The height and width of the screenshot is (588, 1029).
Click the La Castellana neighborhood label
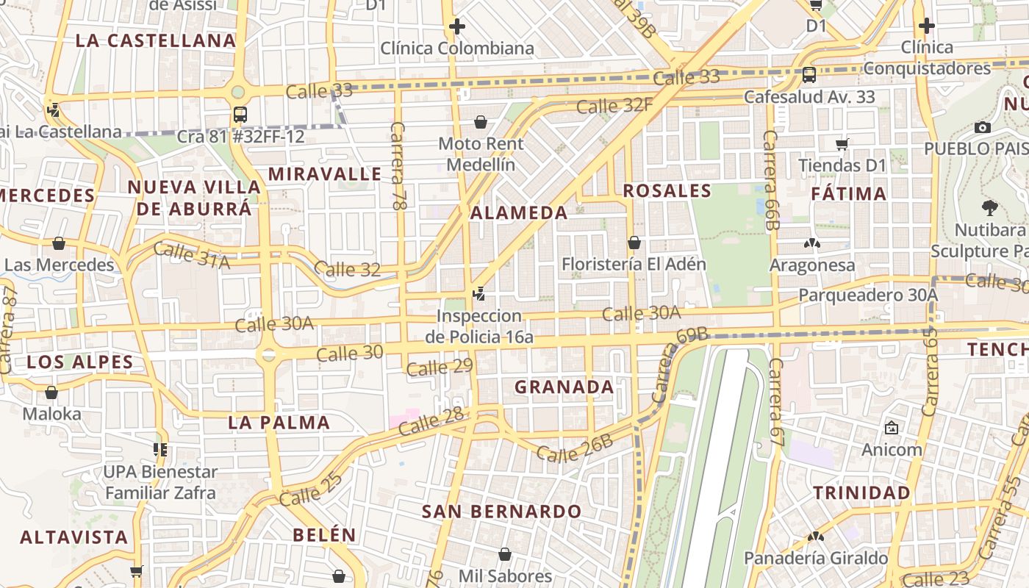point(156,40)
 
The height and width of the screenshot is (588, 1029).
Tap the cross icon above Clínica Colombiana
point(456,27)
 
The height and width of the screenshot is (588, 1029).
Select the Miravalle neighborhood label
point(325,174)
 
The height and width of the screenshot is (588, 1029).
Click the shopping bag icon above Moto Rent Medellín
point(481,121)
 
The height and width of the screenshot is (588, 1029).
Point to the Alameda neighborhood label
point(519,213)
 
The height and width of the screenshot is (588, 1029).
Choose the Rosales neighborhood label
point(667,191)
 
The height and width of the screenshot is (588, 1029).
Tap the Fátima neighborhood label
point(849,194)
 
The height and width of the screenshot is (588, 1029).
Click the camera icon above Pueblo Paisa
point(982,127)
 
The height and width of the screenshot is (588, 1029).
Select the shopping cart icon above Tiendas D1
point(842,144)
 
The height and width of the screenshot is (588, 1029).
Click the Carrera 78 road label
point(398,167)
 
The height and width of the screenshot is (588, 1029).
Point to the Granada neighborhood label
point(564,387)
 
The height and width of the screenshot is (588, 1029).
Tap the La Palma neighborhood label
point(279,423)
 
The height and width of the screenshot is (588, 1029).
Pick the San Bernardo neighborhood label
point(501,512)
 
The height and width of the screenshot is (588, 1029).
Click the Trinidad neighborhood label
point(861,492)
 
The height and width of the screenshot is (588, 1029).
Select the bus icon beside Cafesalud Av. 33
point(808,74)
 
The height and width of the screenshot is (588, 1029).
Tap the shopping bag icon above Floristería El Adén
point(634,243)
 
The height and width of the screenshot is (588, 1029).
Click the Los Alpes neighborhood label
point(80,362)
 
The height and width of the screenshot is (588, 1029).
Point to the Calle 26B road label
point(574,448)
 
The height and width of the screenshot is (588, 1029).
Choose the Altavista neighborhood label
point(73,537)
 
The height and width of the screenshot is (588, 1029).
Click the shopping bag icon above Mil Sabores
point(504,554)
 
